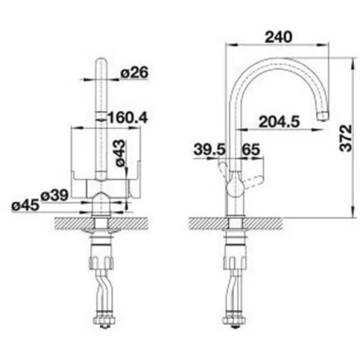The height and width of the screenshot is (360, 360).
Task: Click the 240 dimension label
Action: [278, 37]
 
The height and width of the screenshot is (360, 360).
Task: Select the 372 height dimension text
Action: [346, 138]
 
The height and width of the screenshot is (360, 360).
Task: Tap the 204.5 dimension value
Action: [280, 122]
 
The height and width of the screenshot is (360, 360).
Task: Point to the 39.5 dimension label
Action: [210, 149]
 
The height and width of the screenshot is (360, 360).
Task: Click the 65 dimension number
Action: [251, 149]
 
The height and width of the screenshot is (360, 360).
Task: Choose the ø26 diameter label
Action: [134, 73]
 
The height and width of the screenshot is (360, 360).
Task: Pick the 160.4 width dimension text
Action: [127, 118]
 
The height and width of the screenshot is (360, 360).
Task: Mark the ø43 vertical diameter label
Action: [121, 153]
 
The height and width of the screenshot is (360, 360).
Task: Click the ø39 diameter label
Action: [55, 196]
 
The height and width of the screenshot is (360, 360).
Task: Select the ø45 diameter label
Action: [25, 205]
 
